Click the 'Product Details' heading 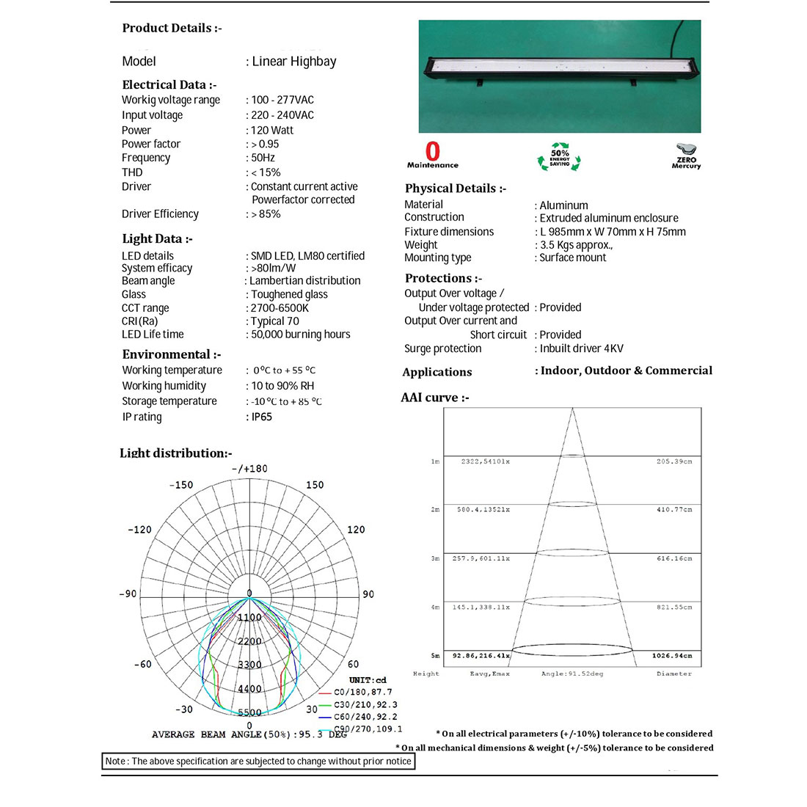pyautogui.click(x=172, y=29)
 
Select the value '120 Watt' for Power pyautogui.click(x=272, y=130)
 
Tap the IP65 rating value pyautogui.click(x=262, y=417)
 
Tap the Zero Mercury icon pyautogui.click(x=686, y=156)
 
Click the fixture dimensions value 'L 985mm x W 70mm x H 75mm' pyautogui.click(x=613, y=232)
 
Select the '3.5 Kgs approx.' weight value pyautogui.click(x=576, y=245)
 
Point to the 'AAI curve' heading pyautogui.click(x=435, y=398)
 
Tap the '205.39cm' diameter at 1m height pyautogui.click(x=673, y=461)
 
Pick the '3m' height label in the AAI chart pyautogui.click(x=435, y=558)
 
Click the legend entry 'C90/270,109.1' pyautogui.click(x=368, y=729)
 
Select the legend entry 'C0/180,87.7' pyautogui.click(x=362, y=692)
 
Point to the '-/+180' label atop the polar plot pyautogui.click(x=249, y=469)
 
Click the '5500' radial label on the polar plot pyautogui.click(x=249, y=712)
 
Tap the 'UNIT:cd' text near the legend pyautogui.click(x=368, y=680)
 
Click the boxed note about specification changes pyautogui.click(x=258, y=762)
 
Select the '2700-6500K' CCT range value pyautogui.click(x=280, y=308)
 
